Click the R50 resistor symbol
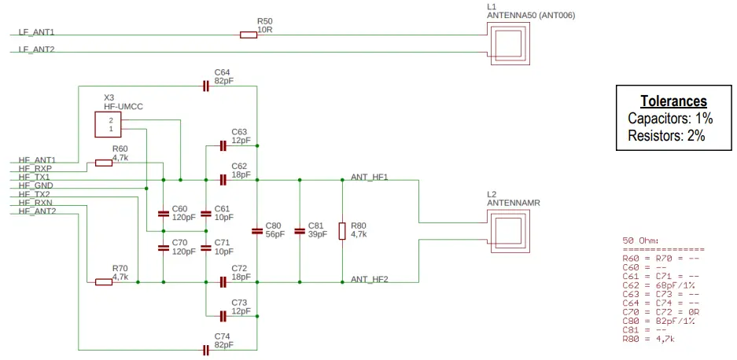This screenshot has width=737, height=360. [x=248, y=35]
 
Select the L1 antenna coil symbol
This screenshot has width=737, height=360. [x=509, y=43]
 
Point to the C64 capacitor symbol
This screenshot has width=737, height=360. [x=206, y=86]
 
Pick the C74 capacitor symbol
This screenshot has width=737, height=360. [x=206, y=349]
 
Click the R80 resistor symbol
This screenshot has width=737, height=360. [x=342, y=231]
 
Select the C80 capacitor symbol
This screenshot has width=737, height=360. [x=257, y=231]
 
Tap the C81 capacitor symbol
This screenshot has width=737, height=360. [x=300, y=231]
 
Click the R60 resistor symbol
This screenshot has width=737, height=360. [x=104, y=163]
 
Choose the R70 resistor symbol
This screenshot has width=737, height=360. [x=104, y=281]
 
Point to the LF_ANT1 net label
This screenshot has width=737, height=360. [x=36, y=33]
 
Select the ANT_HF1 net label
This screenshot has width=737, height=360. [x=370, y=177]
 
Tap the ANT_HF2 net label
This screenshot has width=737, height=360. [x=370, y=279]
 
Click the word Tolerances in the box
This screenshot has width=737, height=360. [x=673, y=101]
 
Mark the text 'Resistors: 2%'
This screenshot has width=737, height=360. [x=666, y=135]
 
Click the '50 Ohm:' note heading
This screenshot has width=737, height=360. [x=641, y=240]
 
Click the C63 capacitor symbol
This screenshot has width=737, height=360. [x=223, y=145]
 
